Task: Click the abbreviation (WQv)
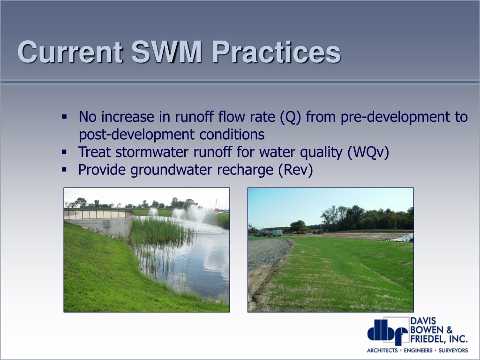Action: tap(368, 152)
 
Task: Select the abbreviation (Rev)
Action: tap(296, 170)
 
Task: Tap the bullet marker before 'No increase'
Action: tap(64, 117)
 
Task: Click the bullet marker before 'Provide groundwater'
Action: tap(64, 169)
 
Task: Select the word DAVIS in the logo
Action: tap(423, 321)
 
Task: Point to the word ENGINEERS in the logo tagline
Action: tap(418, 351)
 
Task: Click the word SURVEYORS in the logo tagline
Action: tap(453, 351)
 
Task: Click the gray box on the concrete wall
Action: tap(106, 224)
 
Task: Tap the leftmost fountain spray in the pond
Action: tap(153, 212)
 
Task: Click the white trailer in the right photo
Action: tap(276, 233)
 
